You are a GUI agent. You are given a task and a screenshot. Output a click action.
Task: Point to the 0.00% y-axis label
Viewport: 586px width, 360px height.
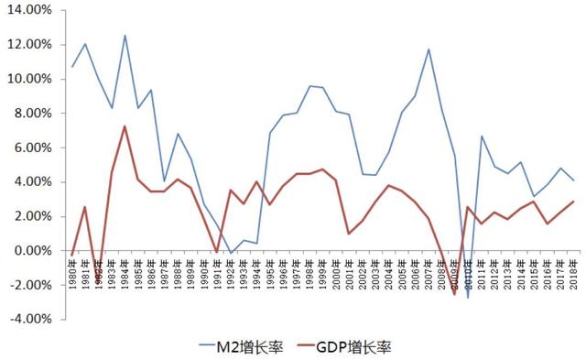click(35, 251)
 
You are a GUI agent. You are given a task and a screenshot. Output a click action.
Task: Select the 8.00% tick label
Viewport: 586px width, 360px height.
click(35, 114)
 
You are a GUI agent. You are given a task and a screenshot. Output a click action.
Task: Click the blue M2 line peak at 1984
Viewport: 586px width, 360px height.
click(125, 36)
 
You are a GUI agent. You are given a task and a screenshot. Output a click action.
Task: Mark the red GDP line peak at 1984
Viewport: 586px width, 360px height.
click(125, 126)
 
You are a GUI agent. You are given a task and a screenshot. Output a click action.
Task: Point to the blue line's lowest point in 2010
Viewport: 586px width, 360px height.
click(468, 297)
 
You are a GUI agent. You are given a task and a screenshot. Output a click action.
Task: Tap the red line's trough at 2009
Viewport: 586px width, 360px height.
click(454, 293)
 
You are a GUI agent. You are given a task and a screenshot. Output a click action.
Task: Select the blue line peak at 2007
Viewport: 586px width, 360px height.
click(428, 49)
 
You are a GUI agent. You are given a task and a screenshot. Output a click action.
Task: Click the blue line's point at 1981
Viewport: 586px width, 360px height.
click(85, 44)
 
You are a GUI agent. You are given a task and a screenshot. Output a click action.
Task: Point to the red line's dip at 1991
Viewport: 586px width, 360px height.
click(217, 252)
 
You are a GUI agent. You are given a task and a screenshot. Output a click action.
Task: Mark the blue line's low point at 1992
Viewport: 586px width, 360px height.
click(231, 253)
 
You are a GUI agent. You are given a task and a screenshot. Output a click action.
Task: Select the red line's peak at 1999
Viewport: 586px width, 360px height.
click(322, 169)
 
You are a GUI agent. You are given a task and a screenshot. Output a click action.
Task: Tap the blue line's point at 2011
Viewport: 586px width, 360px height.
click(481, 136)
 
